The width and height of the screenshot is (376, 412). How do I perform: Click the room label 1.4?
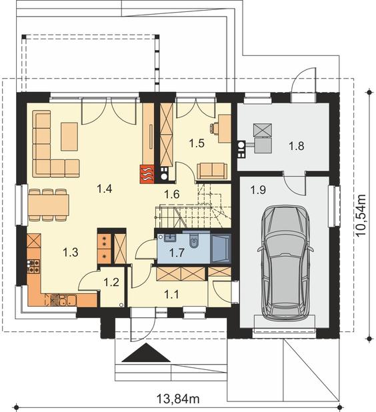point(105,189)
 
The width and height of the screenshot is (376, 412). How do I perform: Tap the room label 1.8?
point(297,145)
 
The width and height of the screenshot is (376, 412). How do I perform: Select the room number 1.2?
point(111,283)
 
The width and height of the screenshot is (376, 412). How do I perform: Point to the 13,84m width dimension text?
point(179,399)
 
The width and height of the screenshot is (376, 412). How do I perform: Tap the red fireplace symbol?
point(147,174)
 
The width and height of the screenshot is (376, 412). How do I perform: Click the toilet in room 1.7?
point(194,241)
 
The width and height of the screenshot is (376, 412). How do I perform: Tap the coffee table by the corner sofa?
point(69,137)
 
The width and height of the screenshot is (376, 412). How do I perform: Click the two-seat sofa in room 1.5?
point(212,171)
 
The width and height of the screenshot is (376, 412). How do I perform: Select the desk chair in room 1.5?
point(214,129)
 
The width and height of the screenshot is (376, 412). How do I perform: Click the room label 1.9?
point(258,190)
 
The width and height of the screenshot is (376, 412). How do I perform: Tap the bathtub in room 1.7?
point(221,248)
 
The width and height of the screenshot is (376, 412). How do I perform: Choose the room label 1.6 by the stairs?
point(172,194)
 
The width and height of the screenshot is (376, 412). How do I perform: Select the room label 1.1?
point(171,294)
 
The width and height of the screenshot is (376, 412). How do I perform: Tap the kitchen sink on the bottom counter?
point(67,300)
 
